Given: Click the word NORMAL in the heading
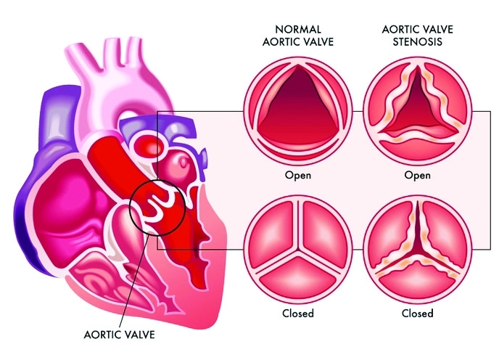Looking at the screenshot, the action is (298, 29).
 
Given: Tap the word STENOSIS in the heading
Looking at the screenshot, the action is (417, 42).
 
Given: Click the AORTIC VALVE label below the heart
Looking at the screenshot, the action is (120, 335).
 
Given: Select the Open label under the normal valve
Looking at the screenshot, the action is (298, 175).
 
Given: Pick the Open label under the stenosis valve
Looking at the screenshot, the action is (417, 175).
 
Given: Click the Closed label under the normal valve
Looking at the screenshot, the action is (298, 313).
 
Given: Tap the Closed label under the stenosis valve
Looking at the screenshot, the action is (417, 313).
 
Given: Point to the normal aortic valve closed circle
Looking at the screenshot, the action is (298, 249).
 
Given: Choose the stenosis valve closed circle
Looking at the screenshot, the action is (417, 249).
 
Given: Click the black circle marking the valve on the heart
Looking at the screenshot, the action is (130, 207).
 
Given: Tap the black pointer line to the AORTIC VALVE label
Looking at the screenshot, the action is (134, 282).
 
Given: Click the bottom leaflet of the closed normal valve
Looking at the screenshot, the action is (298, 277).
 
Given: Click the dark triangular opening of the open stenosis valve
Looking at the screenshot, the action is (416, 108).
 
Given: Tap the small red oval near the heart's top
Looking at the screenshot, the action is (149, 144).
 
